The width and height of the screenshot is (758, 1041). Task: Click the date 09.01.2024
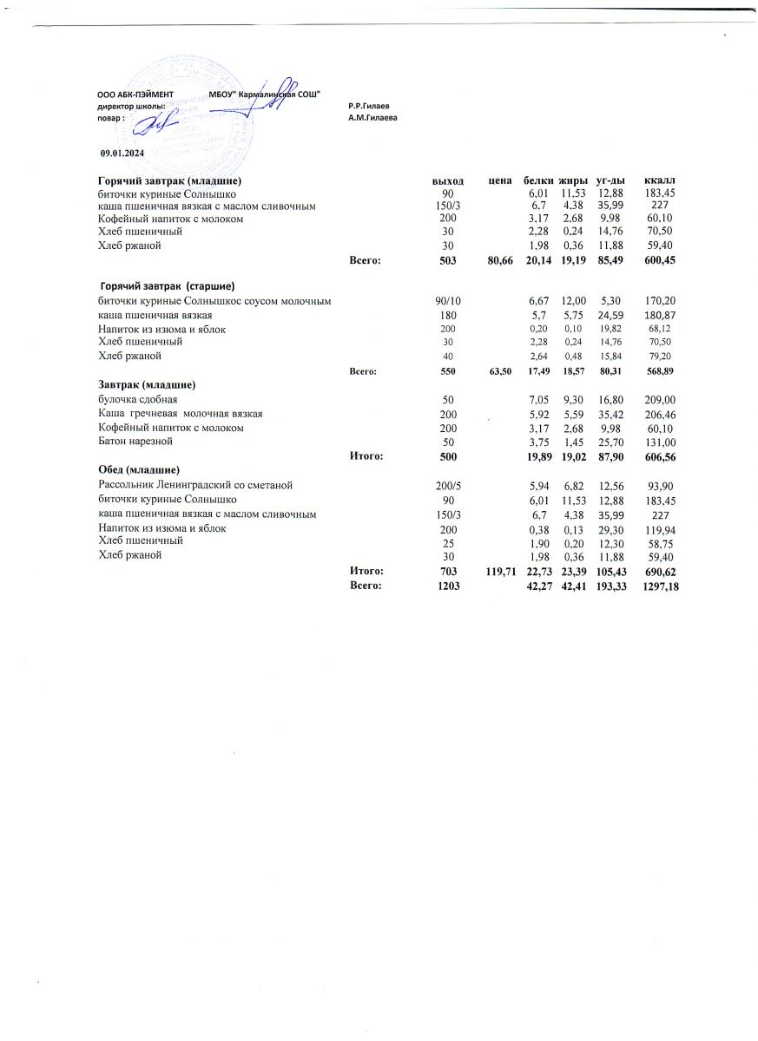point(122,153)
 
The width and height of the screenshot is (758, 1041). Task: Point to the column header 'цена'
point(498,180)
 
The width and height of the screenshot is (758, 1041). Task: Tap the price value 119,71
point(496,571)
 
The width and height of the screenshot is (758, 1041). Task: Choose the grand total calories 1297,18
point(661,587)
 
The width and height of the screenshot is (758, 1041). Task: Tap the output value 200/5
point(448,484)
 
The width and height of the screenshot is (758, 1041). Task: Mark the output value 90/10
point(448,301)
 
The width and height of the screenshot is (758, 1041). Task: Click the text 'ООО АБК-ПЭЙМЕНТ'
point(135,93)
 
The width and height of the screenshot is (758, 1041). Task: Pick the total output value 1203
point(448,587)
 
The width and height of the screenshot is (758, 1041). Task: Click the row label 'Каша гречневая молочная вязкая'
point(181,414)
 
